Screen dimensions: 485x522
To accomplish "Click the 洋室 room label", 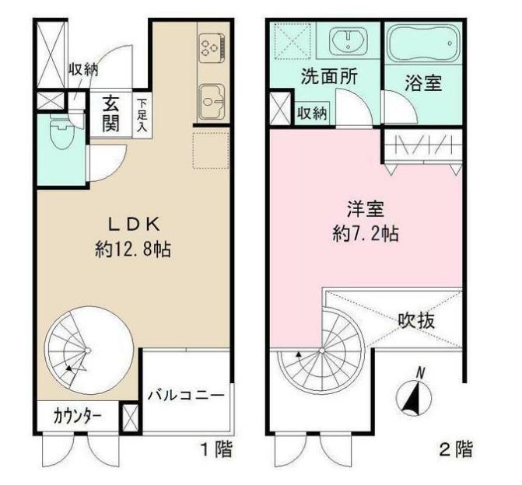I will coord(365,209).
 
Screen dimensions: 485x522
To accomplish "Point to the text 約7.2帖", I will coord(365,233).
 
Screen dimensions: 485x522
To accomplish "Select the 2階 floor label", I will coord(455,448).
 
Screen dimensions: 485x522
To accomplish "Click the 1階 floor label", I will coord(215,448).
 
